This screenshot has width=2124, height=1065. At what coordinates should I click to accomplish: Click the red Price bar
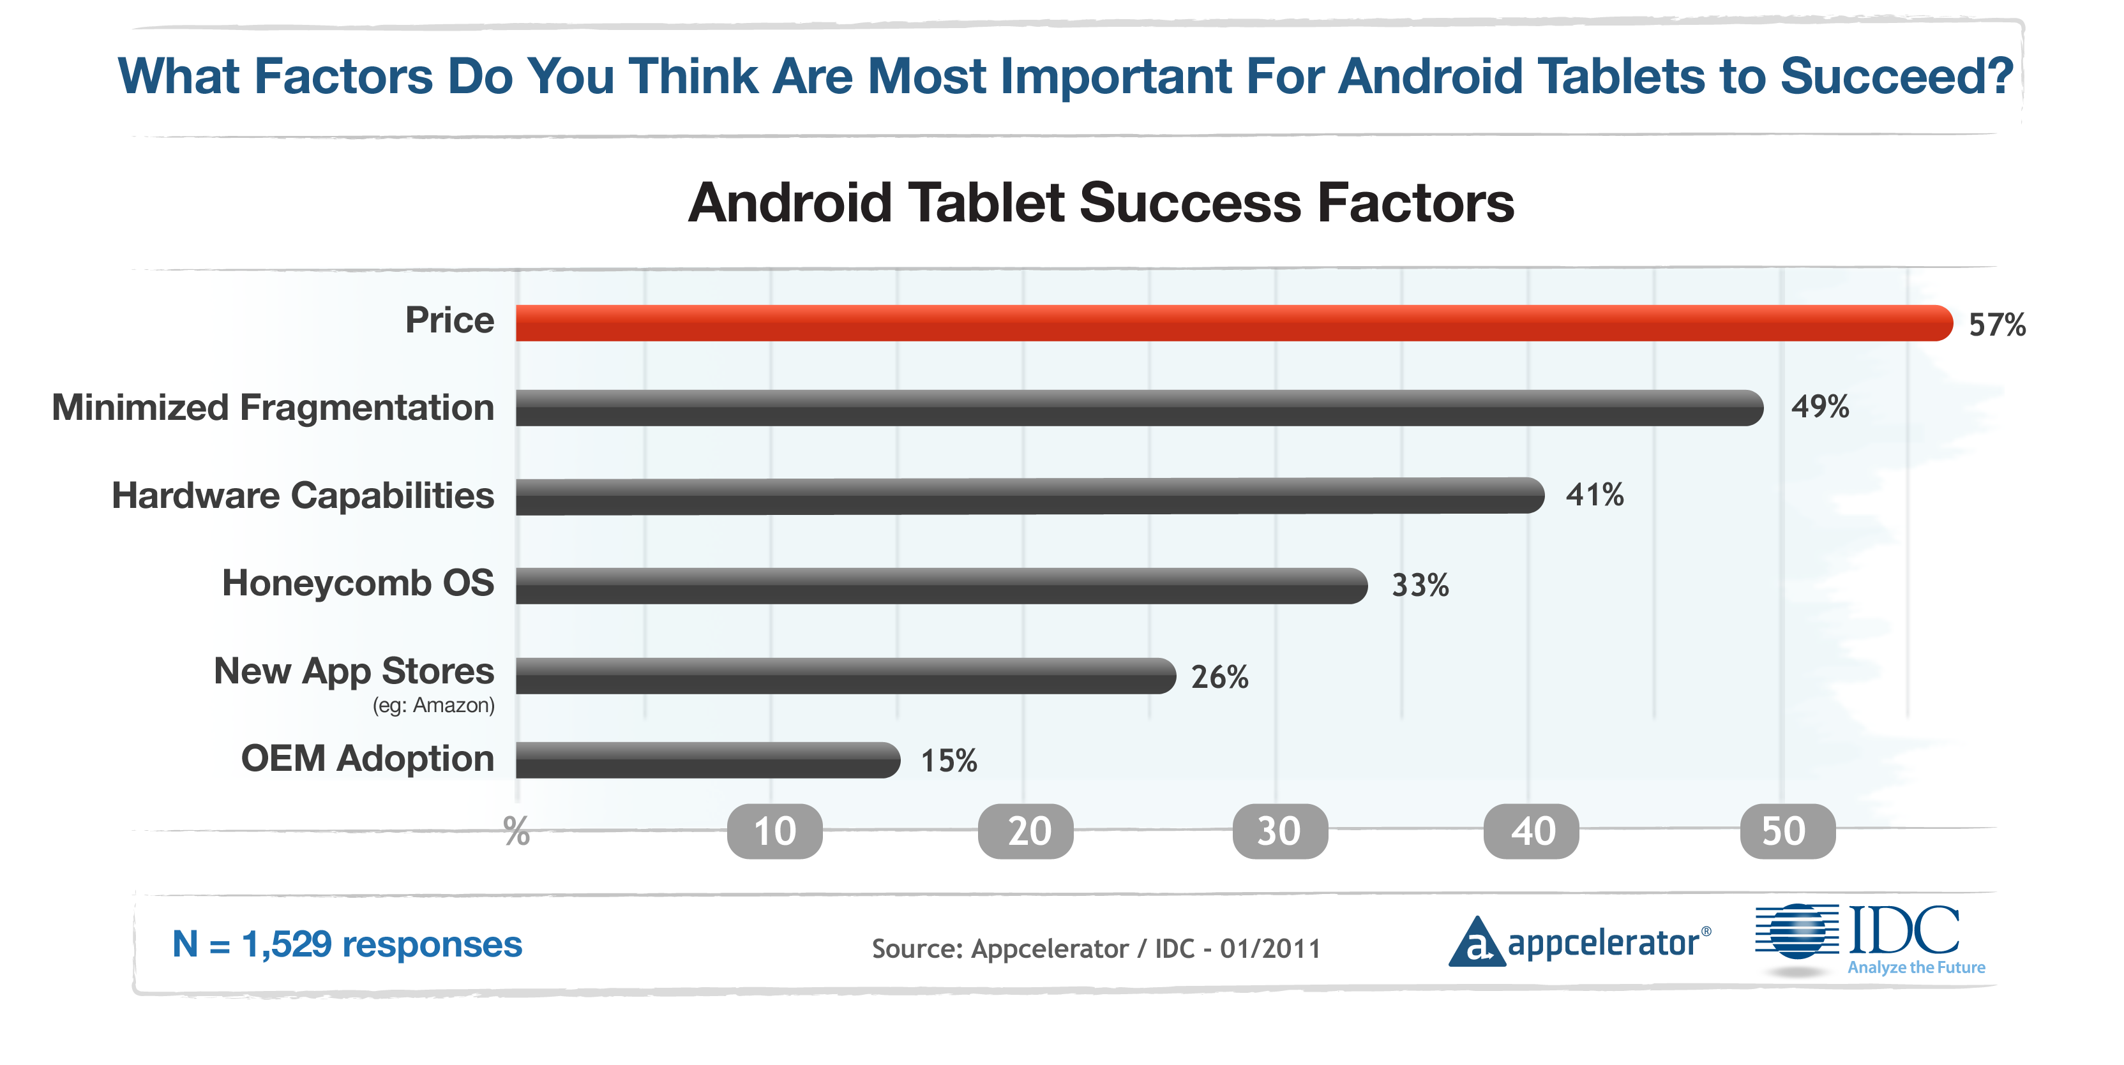click(1233, 323)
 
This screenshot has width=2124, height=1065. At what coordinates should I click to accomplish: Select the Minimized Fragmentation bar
click(1138, 408)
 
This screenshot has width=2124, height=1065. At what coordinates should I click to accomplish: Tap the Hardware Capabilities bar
click(1029, 496)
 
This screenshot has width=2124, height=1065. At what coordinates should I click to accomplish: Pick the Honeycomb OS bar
click(940, 585)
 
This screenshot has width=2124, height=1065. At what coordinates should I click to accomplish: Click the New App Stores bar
click(845, 676)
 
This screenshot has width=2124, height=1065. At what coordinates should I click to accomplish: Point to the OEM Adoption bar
click(707, 760)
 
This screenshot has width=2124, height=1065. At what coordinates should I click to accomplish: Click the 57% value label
click(1996, 325)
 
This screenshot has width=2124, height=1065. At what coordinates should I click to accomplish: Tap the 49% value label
click(1819, 406)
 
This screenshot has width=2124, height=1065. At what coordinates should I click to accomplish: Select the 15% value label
click(948, 761)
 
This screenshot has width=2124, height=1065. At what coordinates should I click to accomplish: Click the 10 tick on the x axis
click(774, 831)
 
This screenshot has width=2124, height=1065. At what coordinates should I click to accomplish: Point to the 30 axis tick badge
click(1279, 831)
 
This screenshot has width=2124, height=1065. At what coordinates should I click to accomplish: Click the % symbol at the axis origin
click(517, 831)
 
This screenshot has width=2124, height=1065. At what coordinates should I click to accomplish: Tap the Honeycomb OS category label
click(358, 583)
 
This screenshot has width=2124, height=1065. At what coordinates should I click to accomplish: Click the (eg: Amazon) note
click(433, 706)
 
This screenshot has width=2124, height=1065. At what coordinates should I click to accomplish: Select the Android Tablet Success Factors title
click(1101, 203)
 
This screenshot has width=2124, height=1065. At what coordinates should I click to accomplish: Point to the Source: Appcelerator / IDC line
click(1096, 949)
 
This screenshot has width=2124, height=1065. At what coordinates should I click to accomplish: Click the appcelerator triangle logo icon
click(1476, 942)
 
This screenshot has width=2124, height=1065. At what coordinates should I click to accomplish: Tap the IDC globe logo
click(1798, 932)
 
